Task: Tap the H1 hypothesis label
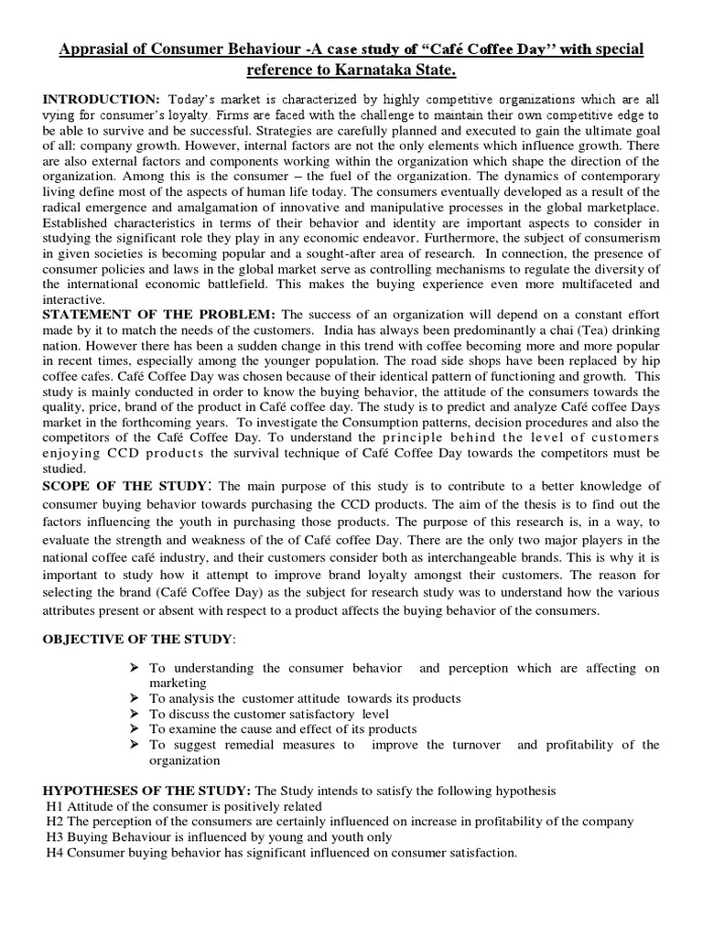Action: pos(54,806)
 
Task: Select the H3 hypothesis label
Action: pos(54,836)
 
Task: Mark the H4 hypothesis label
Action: pos(54,852)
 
